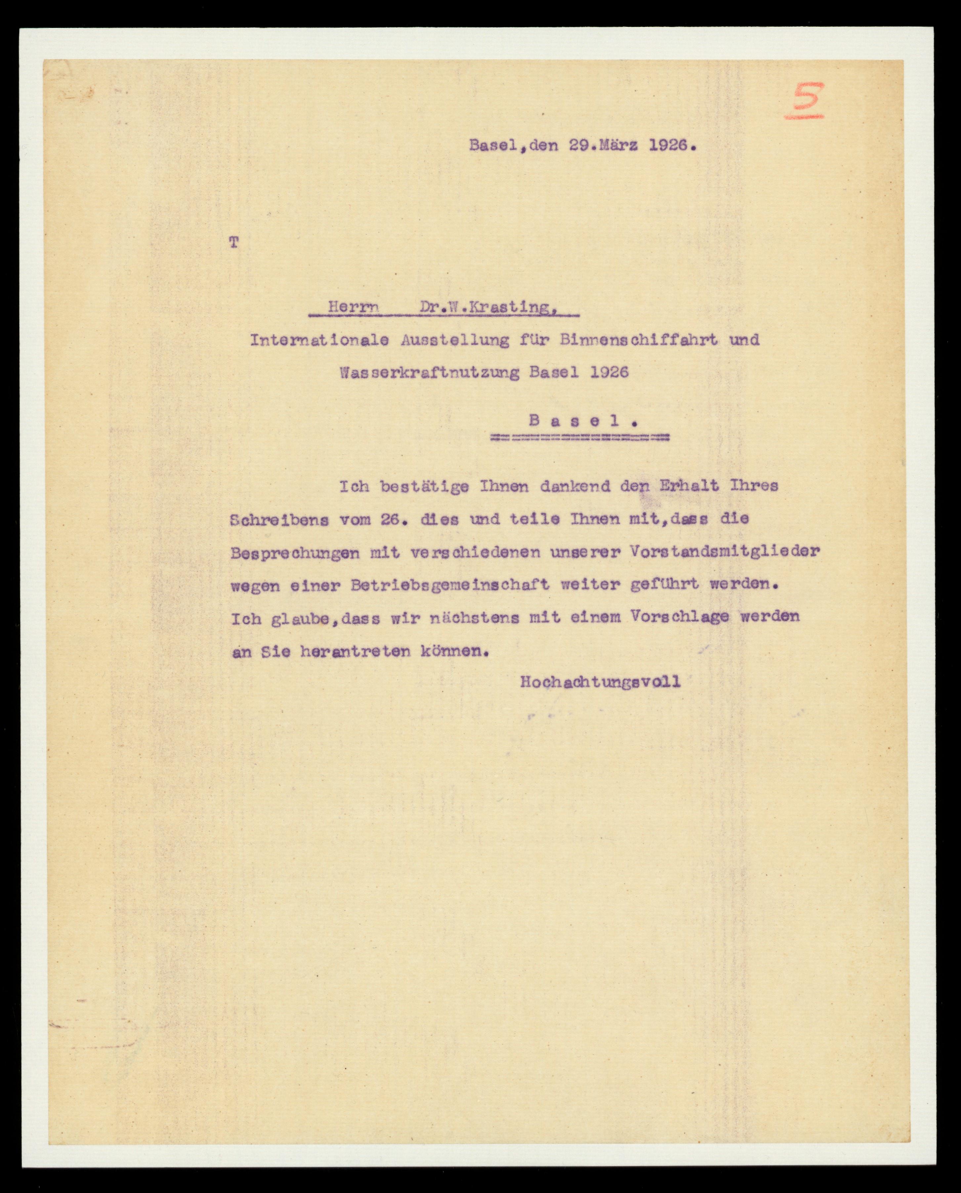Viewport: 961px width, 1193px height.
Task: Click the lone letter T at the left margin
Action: pyautogui.click(x=234, y=242)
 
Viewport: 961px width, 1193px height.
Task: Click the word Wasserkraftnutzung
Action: pyautogui.click(x=430, y=373)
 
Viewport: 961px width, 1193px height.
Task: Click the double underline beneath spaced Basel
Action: pyautogui.click(x=580, y=438)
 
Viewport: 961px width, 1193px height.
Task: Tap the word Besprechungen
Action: pyautogui.click(x=295, y=553)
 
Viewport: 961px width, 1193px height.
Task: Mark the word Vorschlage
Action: pyautogui.click(x=679, y=617)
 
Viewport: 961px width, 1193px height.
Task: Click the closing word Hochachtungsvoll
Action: pyautogui.click(x=600, y=682)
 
